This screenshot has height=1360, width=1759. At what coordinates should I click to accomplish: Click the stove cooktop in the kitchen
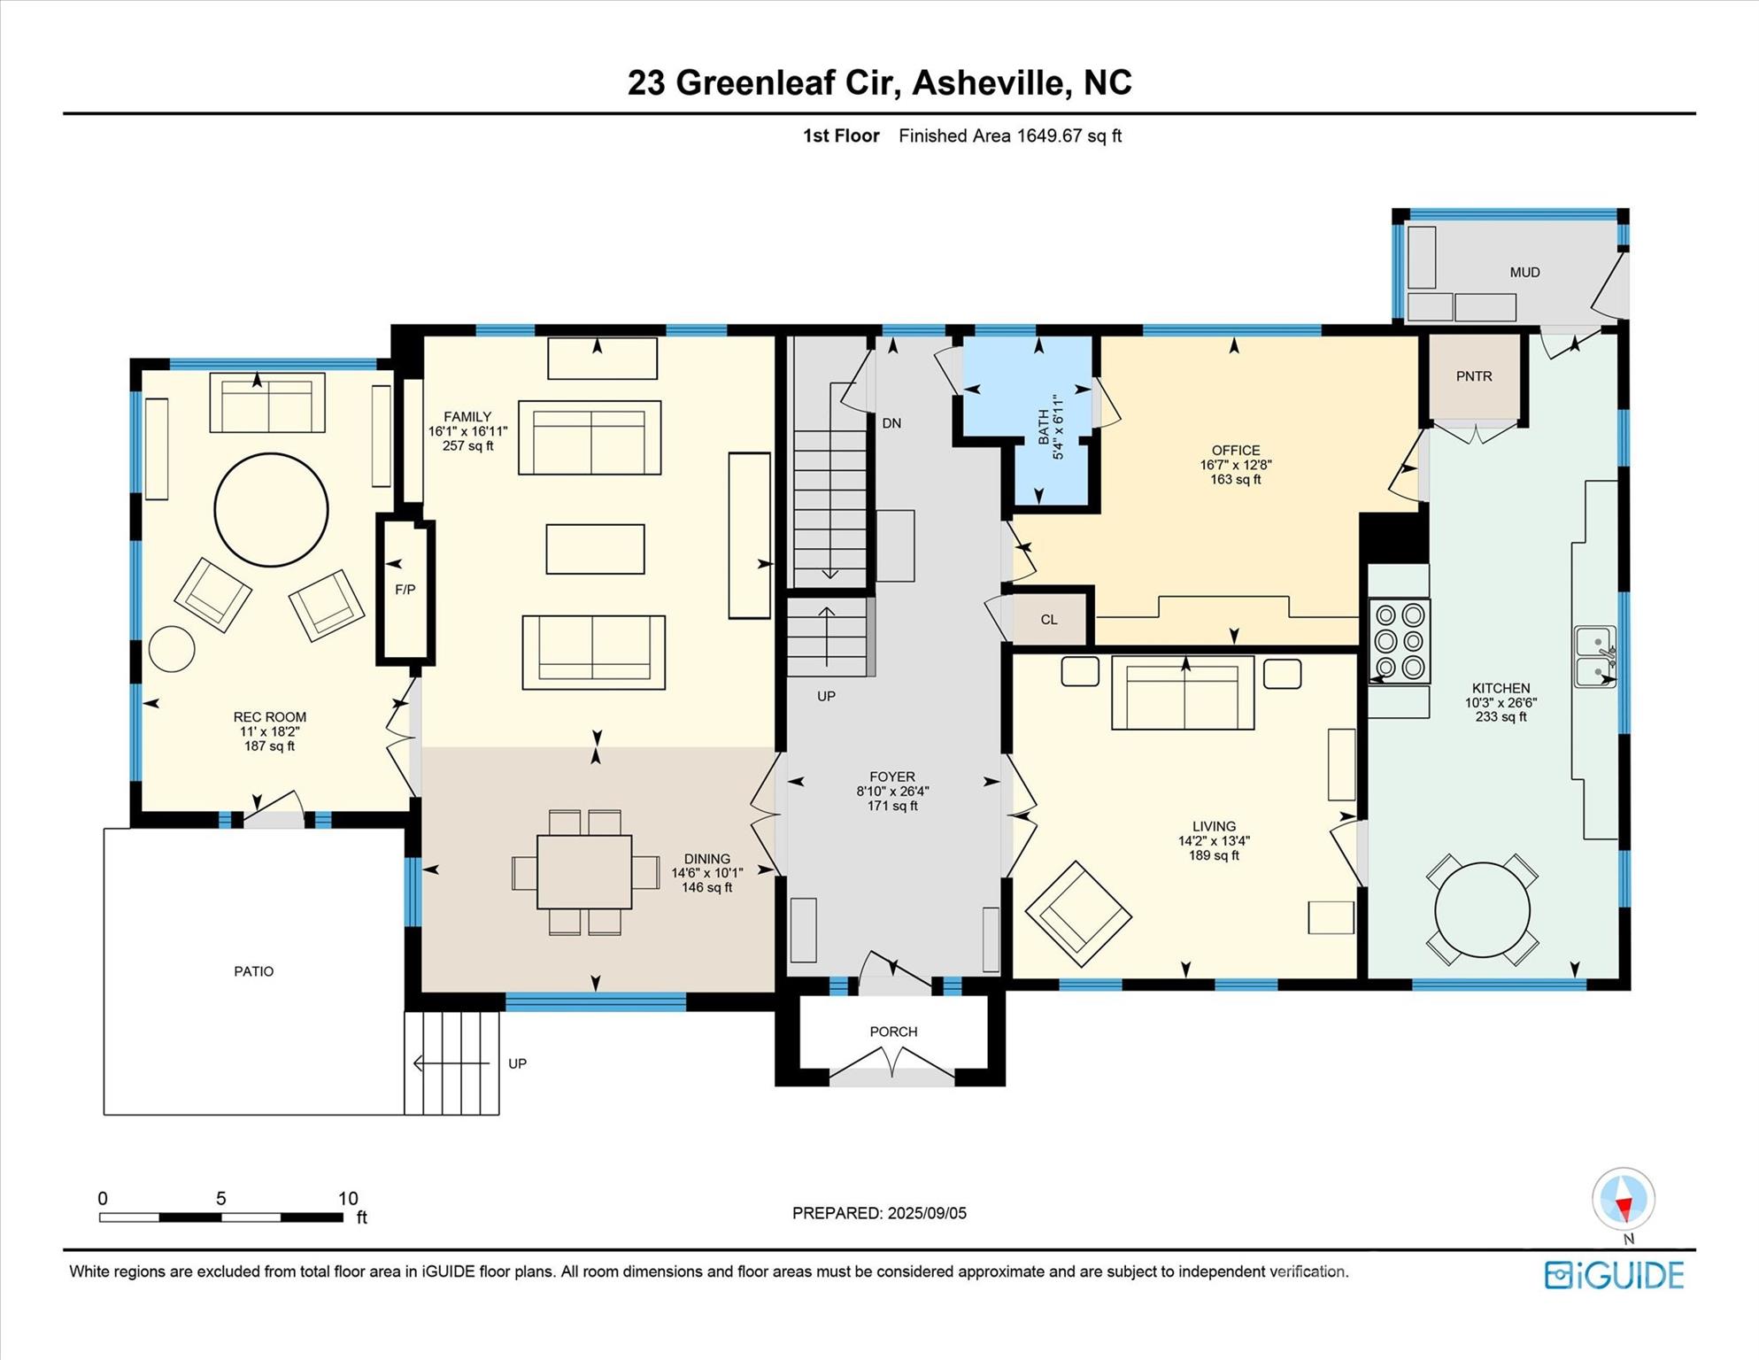[1400, 640]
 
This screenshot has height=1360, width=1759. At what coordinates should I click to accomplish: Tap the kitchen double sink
[1594, 656]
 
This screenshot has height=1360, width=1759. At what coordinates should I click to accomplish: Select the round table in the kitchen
[1482, 909]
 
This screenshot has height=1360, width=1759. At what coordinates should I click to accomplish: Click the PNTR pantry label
[1474, 376]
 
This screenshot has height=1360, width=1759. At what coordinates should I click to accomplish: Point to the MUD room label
[1524, 273]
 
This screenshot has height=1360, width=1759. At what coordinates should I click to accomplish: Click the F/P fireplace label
[405, 590]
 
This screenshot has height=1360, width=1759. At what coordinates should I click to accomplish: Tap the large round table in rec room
[271, 510]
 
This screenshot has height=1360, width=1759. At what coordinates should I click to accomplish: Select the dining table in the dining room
[584, 872]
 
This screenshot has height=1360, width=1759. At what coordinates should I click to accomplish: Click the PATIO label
[253, 971]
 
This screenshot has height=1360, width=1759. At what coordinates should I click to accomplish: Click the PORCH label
[893, 1032]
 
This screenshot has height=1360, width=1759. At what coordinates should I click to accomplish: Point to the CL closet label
[1049, 620]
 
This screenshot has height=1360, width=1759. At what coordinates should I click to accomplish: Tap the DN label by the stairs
[891, 423]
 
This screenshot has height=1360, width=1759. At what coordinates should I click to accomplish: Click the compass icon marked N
[1624, 1200]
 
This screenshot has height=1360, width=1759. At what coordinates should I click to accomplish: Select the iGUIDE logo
[1614, 1275]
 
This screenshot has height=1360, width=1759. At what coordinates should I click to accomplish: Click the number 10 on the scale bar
[348, 1198]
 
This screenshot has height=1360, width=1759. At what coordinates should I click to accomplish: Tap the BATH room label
[1044, 427]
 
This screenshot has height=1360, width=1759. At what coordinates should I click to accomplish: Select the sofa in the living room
[1183, 693]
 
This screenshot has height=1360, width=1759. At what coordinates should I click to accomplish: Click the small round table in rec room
[172, 649]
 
